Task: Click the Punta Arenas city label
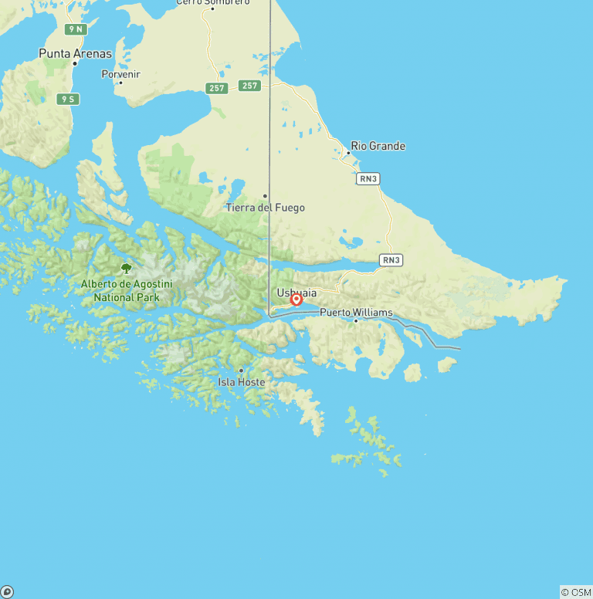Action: [x=75, y=54]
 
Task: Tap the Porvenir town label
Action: [x=121, y=74]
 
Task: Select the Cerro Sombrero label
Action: [x=212, y=2]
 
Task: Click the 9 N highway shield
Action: [x=76, y=29]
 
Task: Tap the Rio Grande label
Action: [x=378, y=146]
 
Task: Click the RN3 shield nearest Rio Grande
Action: [x=368, y=178]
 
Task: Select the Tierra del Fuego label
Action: [x=265, y=208]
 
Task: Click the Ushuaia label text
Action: [x=296, y=293]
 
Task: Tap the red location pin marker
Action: [x=296, y=299]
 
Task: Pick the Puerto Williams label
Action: [x=356, y=313]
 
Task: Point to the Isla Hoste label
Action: [x=241, y=382]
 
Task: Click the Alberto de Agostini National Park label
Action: [x=127, y=290]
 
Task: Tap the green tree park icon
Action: [x=126, y=269]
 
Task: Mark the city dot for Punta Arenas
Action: [x=75, y=63]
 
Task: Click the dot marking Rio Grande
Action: [x=347, y=153]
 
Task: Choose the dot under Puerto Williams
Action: [x=356, y=320]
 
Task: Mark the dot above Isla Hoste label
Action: [x=241, y=371]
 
